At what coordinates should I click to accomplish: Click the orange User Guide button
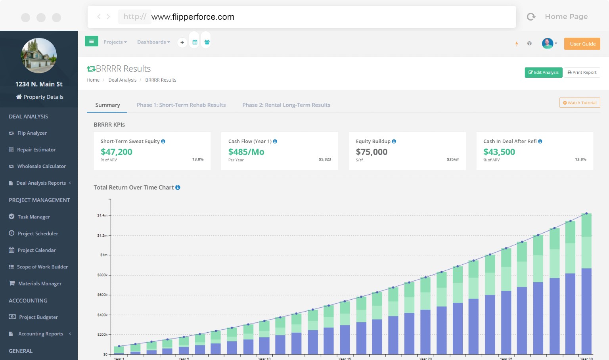tap(582, 44)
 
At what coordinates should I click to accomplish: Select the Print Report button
tap(582, 73)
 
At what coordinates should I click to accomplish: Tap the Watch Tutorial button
tap(580, 103)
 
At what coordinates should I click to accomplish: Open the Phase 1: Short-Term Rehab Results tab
tap(181, 105)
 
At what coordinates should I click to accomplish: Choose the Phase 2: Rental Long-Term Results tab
tap(286, 105)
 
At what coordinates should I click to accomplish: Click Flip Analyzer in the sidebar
tap(32, 133)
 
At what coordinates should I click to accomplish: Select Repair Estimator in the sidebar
tap(36, 150)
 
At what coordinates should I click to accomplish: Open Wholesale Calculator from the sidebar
tap(41, 167)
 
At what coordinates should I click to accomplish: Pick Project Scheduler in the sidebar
tap(38, 234)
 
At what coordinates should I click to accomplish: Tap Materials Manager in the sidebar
tap(40, 283)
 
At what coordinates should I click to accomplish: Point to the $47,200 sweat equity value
tap(117, 152)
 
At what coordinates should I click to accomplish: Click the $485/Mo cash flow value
tap(246, 152)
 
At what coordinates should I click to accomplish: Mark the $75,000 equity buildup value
tap(372, 152)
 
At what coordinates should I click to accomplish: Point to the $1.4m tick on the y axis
tap(102, 215)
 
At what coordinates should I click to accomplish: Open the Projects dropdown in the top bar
tap(115, 42)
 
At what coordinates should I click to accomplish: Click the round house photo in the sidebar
tap(39, 56)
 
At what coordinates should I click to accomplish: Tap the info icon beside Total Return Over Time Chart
tap(178, 188)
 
